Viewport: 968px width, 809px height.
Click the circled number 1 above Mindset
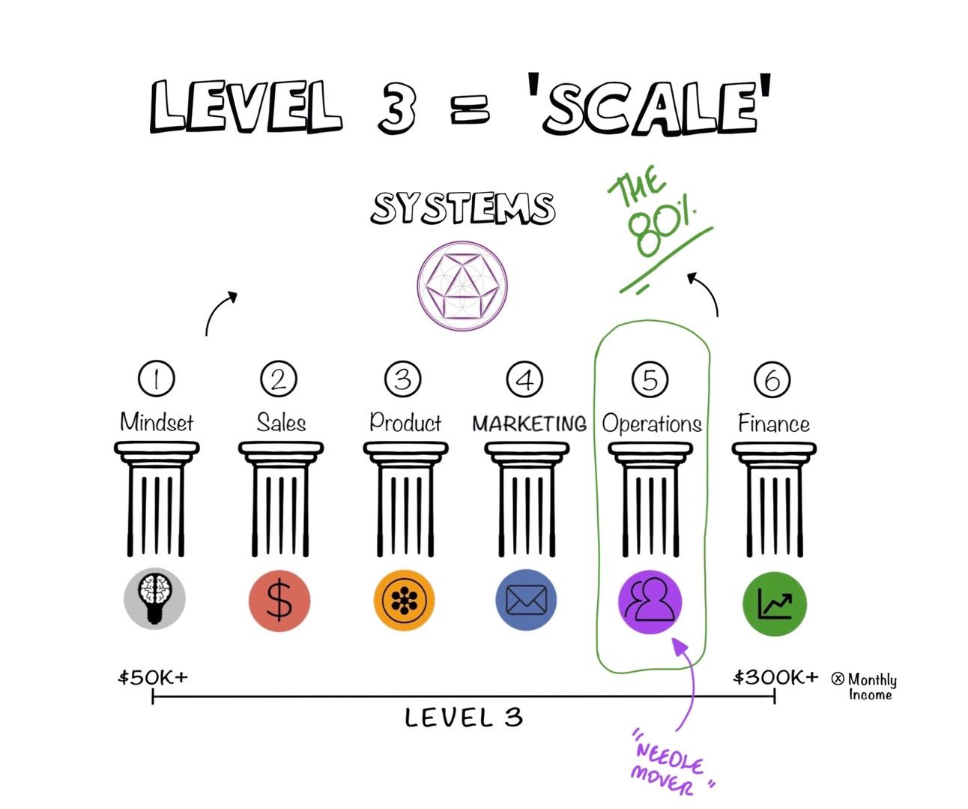[156, 379]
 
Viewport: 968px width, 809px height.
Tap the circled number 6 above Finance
[772, 379]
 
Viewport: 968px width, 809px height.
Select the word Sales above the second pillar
[281, 423]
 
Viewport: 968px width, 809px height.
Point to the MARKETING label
[529, 424]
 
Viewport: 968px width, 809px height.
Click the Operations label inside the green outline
[652, 424]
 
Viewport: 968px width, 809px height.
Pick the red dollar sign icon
[279, 601]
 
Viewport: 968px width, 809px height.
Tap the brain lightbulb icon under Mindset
[154, 598]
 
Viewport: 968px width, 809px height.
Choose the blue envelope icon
[526, 600]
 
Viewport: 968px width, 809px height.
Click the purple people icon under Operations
[650, 601]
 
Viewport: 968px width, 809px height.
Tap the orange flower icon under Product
[404, 600]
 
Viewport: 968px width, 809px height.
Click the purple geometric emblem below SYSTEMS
[462, 285]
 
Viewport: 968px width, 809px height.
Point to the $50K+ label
[153, 678]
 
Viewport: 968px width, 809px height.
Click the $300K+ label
[775, 678]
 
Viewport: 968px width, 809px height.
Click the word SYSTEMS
[463, 208]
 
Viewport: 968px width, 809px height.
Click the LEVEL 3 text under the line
[463, 718]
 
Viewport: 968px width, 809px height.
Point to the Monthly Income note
[868, 686]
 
